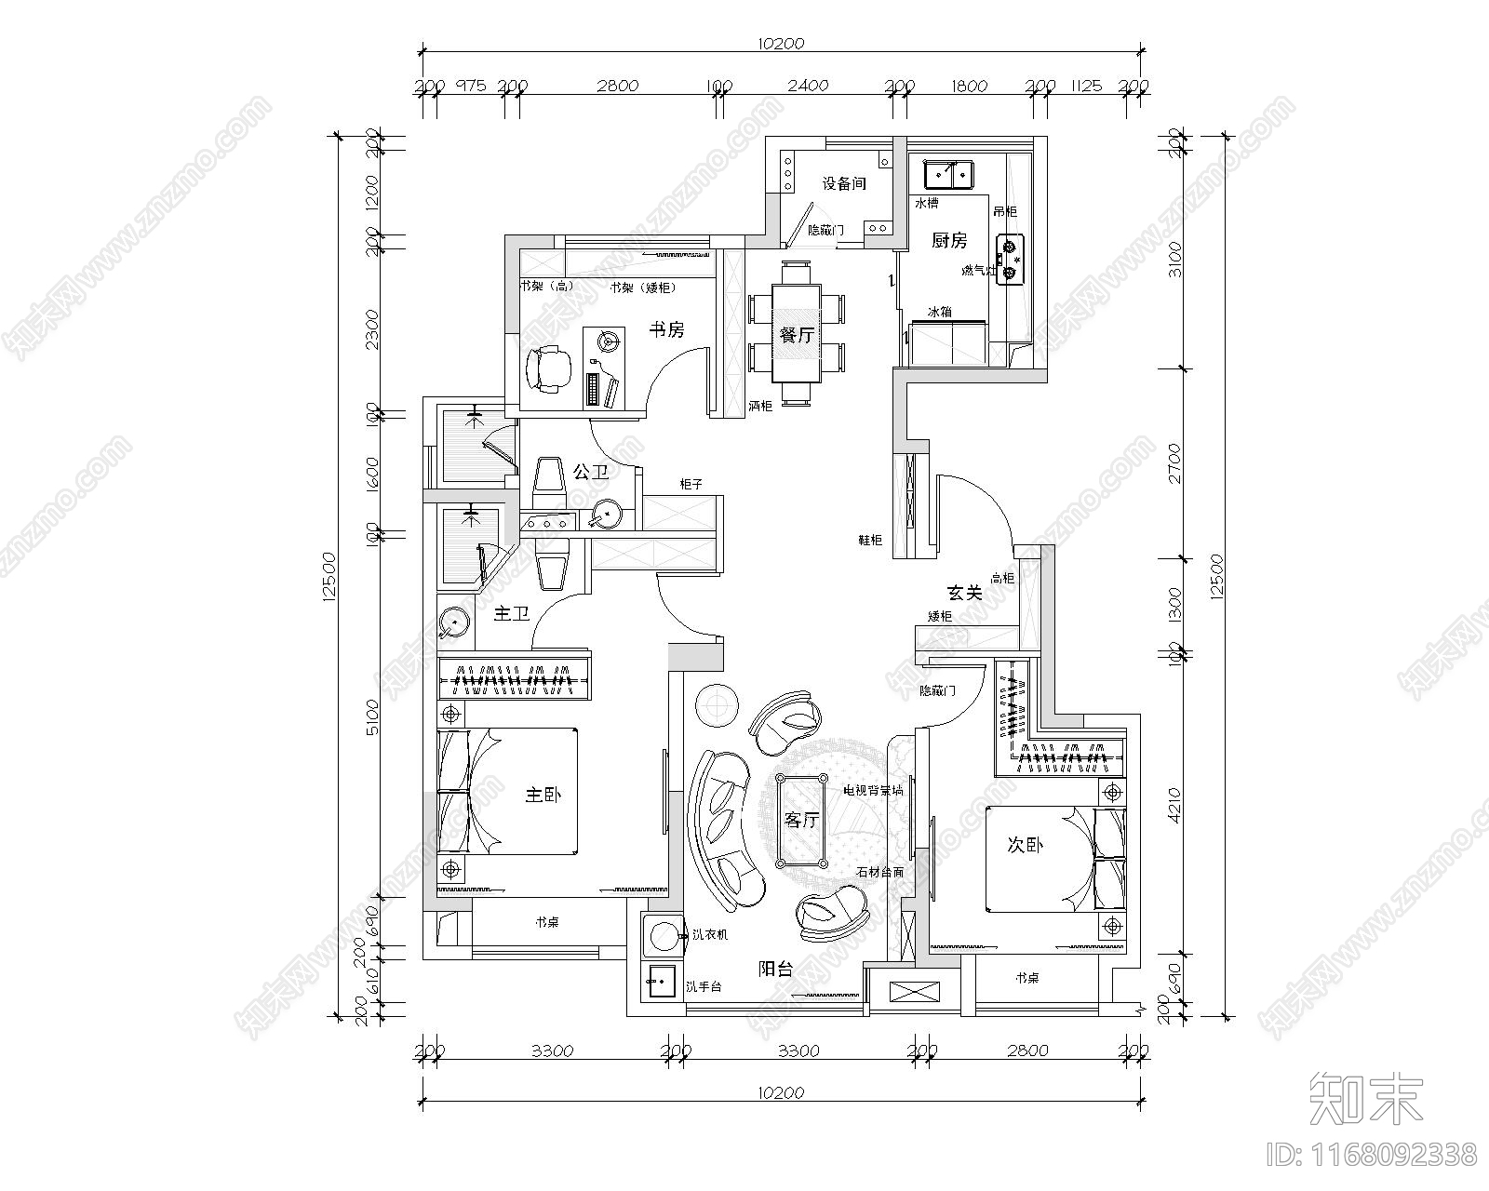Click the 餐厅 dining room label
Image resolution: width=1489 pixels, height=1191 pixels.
click(x=797, y=335)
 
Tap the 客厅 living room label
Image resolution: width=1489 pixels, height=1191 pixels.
click(x=801, y=821)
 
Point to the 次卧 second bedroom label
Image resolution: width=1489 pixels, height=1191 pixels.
click(x=1026, y=845)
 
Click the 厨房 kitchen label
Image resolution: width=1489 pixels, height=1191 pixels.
click(x=949, y=241)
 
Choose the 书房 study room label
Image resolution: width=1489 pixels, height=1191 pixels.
click(x=666, y=329)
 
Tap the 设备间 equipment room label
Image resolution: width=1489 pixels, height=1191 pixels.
click(x=844, y=183)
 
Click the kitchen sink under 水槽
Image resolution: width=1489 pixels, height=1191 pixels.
click(x=948, y=173)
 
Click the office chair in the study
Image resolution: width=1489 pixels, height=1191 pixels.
click(x=547, y=368)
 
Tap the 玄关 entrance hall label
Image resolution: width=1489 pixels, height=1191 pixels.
click(x=965, y=592)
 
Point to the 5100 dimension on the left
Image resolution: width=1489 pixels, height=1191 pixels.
click(x=372, y=716)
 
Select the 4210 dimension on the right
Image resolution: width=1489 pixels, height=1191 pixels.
click(x=1174, y=805)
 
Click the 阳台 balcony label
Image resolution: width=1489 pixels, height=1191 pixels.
click(x=775, y=969)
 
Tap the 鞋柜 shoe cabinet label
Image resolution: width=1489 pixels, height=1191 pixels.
click(x=871, y=540)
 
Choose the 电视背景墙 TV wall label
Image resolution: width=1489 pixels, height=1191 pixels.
click(x=872, y=790)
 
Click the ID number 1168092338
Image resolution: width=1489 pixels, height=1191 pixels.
click(x=1373, y=1155)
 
